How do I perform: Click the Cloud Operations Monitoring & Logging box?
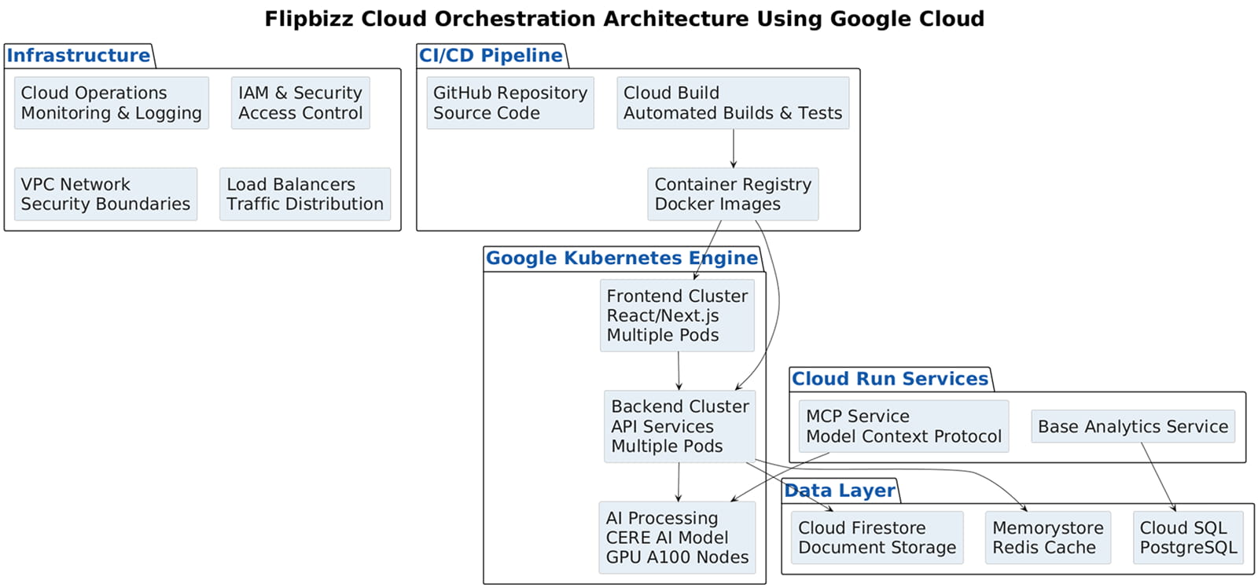tap(111, 103)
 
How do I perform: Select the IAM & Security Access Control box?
tap(300, 103)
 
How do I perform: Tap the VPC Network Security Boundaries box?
tap(105, 194)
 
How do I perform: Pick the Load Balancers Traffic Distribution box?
tap(305, 194)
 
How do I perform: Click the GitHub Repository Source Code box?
tap(509, 103)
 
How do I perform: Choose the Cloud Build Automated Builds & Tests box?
tap(732, 103)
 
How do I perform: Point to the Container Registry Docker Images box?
tap(732, 194)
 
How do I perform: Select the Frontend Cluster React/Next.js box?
tap(677, 315)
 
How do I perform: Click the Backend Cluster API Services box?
tap(679, 426)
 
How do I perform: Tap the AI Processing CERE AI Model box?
tap(677, 538)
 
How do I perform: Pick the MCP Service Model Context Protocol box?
tap(903, 426)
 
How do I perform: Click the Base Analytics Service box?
tap(1132, 426)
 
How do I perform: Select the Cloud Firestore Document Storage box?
tap(877, 538)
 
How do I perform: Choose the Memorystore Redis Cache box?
tap(1047, 538)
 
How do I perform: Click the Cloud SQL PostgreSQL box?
tap(1187, 538)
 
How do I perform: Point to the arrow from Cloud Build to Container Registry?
tap(734, 148)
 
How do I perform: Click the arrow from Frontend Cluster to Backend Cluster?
tap(679, 370)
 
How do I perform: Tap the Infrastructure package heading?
tap(78, 56)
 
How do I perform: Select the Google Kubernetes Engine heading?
tap(621, 259)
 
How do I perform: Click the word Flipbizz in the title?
tap(309, 19)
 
